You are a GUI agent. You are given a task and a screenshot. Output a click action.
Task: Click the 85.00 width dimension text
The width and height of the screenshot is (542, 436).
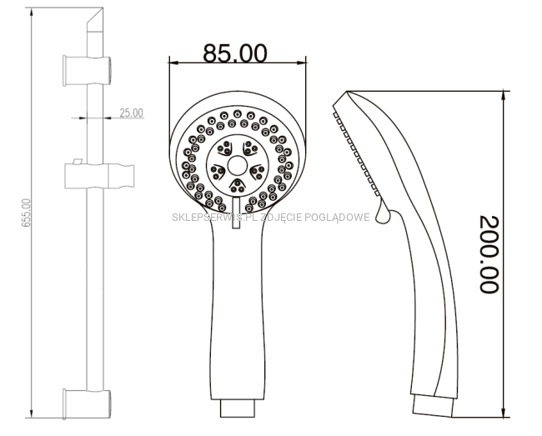235,53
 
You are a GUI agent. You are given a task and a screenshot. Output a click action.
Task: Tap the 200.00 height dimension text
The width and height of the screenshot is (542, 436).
489,254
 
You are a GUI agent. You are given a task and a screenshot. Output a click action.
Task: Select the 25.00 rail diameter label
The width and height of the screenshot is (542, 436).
132,113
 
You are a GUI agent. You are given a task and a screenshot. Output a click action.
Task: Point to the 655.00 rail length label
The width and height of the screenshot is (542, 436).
27,213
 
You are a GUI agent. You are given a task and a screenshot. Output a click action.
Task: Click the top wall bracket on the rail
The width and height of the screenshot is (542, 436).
87,71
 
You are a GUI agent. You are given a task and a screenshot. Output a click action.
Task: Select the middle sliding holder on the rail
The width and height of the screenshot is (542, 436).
99,176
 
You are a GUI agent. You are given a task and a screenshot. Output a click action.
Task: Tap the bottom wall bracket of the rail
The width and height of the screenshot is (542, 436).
87,403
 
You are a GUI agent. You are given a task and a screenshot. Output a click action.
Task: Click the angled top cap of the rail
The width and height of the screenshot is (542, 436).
95,20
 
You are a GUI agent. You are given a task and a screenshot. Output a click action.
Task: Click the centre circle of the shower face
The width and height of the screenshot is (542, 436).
238,165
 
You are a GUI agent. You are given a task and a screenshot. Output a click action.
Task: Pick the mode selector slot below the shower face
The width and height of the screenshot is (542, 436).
237,213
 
